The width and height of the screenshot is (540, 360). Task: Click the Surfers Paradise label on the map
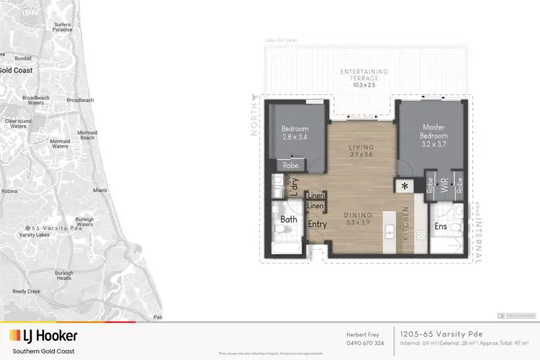tap(63, 27)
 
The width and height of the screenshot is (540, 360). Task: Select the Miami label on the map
tap(99, 190)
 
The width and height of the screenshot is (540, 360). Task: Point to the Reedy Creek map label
tap(27, 292)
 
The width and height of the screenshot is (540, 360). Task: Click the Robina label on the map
tap(9, 192)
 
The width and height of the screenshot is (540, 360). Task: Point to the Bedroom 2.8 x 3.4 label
tap(294, 132)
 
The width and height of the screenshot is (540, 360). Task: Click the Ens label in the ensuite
tap(441, 228)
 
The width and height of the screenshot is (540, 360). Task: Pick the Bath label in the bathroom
tap(289, 219)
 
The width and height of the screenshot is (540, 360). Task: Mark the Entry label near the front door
tap(318, 225)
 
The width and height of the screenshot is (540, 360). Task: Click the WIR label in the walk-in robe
tap(445, 185)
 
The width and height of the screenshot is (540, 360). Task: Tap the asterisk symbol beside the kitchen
tap(405, 186)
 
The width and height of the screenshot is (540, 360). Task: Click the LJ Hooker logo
tap(43, 336)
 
